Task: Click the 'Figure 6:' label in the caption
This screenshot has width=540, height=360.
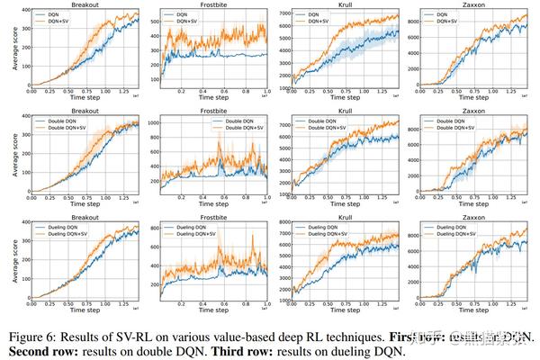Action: click(x=33, y=335)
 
